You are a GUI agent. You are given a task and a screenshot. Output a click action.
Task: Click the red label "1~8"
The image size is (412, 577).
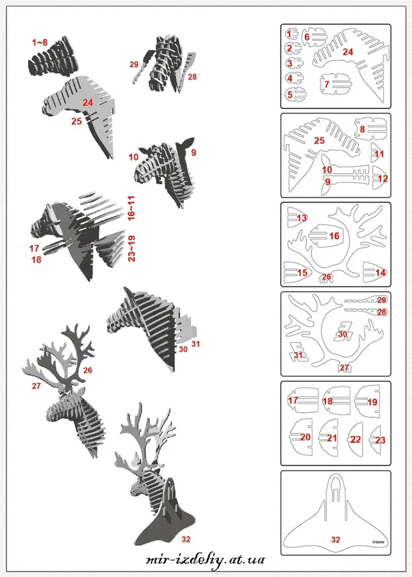tap(40, 42)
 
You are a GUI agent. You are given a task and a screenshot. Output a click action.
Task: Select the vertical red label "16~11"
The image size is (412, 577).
tap(131, 208)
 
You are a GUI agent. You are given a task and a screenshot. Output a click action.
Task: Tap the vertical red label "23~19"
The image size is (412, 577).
tap(131, 248)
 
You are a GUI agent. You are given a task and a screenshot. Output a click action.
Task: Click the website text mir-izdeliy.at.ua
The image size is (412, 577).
tap(205, 560)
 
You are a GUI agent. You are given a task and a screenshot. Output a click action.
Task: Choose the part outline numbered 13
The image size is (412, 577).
tap(298, 217)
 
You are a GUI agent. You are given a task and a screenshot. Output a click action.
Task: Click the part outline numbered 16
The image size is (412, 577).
tap(326, 235)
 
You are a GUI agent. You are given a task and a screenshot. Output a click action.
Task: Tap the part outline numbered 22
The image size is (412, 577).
tap(355, 439)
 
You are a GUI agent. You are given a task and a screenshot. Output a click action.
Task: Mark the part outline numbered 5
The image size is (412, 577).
tap(295, 94)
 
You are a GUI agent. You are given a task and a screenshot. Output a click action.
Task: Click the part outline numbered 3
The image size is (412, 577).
tap(294, 63)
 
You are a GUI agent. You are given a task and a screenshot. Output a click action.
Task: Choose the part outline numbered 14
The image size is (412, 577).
tap(375, 272)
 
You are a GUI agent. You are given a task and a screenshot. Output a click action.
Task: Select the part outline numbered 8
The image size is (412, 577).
tap(370, 130)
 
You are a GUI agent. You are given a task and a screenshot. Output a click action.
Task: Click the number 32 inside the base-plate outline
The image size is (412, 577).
tap(336, 539)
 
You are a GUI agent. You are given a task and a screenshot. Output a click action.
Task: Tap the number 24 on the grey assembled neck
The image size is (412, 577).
tap(88, 102)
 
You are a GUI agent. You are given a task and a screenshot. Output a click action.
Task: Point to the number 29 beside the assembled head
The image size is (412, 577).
tap(133, 64)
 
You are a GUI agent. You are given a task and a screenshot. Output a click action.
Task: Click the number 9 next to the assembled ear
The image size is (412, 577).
tap(194, 153)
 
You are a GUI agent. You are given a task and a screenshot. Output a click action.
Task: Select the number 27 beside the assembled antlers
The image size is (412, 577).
tap(36, 386)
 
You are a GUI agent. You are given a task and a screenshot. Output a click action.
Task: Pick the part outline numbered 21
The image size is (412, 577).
tap(329, 437)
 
